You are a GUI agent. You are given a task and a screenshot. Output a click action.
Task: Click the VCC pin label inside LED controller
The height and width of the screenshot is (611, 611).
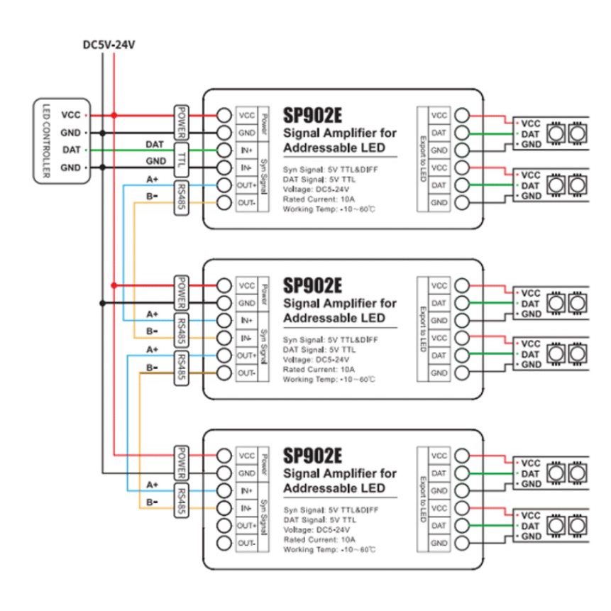[71, 115]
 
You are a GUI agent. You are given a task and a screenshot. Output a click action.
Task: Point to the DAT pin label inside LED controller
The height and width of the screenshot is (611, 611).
[71, 150]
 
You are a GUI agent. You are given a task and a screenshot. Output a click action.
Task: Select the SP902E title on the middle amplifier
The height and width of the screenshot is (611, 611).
[312, 285]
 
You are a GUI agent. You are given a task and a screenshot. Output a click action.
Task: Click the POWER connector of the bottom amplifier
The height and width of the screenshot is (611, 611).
[182, 463]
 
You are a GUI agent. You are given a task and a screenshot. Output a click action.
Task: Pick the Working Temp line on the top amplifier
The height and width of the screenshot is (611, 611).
[329, 210]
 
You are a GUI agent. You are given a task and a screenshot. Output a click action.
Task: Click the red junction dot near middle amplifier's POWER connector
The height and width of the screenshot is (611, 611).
[114, 285]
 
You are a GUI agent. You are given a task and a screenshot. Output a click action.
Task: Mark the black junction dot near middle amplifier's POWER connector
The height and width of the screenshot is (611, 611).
[104, 302]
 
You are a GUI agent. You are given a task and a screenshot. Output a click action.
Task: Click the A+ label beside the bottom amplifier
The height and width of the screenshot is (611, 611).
[152, 485]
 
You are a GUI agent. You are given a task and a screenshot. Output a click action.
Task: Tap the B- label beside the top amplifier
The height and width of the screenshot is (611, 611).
[152, 197]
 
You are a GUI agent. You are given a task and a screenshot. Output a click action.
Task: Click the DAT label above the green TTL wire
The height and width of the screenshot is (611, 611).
[154, 143]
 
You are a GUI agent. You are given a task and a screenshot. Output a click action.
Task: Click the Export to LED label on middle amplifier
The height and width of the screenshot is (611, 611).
[424, 328]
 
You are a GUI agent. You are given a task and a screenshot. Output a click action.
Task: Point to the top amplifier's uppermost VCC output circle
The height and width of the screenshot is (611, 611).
[462, 115]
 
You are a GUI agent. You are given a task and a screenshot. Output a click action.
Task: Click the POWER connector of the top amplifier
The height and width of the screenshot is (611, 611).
[182, 123]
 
